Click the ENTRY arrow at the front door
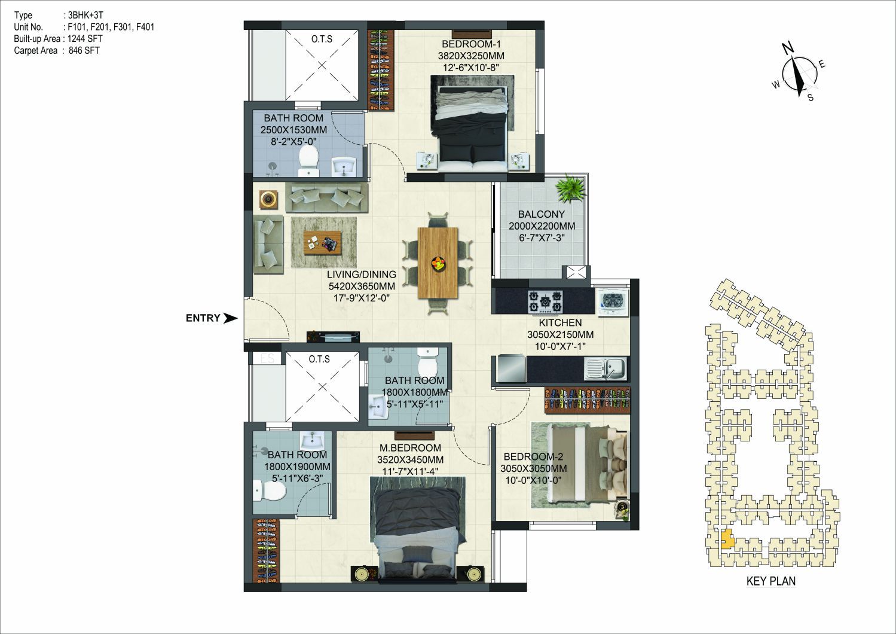230,318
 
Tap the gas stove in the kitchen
546,302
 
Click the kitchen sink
606,368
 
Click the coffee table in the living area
322,243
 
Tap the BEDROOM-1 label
471,44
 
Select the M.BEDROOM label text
410,448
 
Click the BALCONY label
541,214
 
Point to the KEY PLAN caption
771,581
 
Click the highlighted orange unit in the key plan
727,539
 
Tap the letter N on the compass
788,49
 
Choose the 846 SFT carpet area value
84,50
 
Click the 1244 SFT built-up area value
85,39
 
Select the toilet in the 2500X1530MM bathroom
309,160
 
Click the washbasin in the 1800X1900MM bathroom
313,440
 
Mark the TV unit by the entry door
333,337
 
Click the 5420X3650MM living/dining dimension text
362,286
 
